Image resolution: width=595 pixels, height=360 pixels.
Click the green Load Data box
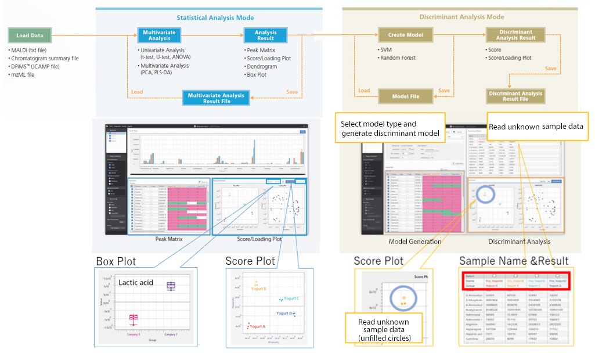(x=30, y=35)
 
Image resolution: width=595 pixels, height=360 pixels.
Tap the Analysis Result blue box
(x=266, y=35)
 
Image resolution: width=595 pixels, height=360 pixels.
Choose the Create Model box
(x=405, y=35)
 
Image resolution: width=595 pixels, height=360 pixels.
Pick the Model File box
(x=406, y=96)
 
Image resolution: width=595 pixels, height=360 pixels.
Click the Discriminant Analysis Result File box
(x=515, y=96)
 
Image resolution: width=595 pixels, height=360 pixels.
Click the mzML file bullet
(x=23, y=74)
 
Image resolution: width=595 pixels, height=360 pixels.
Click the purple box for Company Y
(x=171, y=286)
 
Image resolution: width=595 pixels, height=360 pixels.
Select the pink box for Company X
(x=134, y=318)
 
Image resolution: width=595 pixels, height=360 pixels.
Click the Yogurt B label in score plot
(x=258, y=289)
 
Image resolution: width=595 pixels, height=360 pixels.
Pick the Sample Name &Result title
(x=514, y=261)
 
